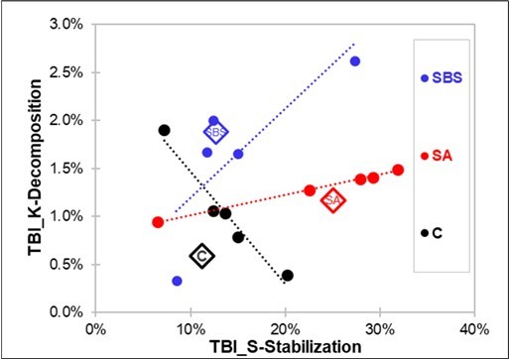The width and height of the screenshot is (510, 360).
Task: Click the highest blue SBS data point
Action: pyautogui.click(x=355, y=61)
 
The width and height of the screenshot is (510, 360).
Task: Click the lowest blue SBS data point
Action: pyautogui.click(x=177, y=281)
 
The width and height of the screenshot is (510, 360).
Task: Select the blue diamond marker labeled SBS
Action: pyautogui.click(x=215, y=132)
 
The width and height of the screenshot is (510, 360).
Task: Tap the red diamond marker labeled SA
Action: pyautogui.click(x=333, y=200)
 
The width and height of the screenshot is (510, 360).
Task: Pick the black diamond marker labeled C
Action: pyautogui.click(x=201, y=256)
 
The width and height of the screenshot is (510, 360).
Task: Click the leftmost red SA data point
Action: pyautogui.click(x=157, y=222)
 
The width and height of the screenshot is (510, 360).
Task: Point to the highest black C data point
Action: pyautogui.click(x=165, y=130)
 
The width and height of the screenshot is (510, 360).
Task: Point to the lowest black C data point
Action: pyautogui.click(x=288, y=276)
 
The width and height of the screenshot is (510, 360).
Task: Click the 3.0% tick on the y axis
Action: pyautogui.click(x=69, y=24)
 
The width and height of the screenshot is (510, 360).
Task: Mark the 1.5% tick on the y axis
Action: pyautogui.click(x=69, y=169)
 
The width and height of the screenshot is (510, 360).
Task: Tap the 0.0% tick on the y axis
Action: pyautogui.click(x=69, y=312)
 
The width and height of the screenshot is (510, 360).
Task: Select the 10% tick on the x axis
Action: pyautogui.click(x=190, y=328)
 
